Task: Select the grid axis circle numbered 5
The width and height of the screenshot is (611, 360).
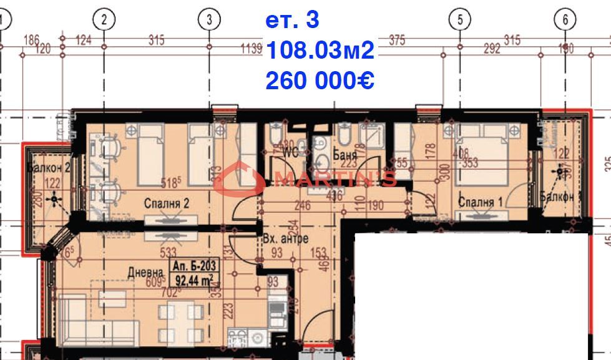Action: point(460,19)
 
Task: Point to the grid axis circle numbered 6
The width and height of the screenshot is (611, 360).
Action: point(565,19)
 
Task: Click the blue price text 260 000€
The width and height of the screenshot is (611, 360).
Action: point(320,80)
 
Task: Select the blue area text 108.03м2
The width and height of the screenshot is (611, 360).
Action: point(320,51)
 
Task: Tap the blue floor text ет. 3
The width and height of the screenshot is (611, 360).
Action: point(292,20)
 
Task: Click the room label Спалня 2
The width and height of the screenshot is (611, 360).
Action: point(166,203)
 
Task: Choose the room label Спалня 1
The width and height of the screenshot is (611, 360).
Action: point(481,202)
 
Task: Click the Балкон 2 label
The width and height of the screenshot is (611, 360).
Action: point(47,167)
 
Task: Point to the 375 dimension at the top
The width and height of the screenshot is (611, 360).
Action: point(397,41)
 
